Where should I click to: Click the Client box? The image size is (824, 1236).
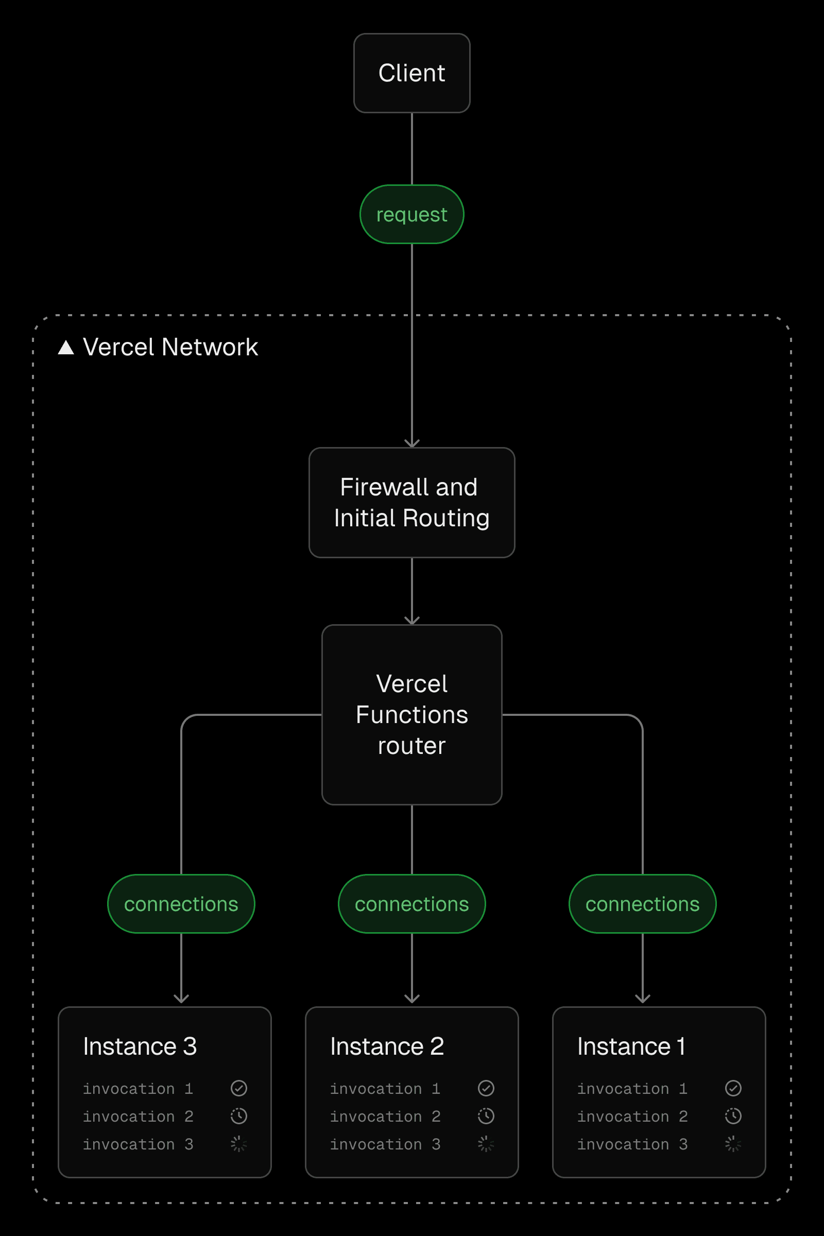pos(411,73)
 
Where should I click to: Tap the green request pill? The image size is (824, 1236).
pos(411,214)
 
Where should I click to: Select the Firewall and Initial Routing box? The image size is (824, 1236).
pos(411,503)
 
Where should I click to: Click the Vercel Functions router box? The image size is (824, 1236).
pos(411,714)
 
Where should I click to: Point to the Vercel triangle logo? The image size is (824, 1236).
pos(66,347)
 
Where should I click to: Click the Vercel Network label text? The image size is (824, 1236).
pos(170,347)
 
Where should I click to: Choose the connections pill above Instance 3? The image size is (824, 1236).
pos(181,904)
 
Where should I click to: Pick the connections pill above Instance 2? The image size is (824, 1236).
pos(411,904)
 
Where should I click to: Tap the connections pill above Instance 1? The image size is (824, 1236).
pos(642,904)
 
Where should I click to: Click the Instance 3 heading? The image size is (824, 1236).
pos(140,1046)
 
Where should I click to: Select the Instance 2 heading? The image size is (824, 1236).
pos(387,1046)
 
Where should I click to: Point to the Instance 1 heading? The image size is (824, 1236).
pos(631,1046)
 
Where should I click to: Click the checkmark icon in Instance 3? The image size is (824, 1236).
pos(238,1088)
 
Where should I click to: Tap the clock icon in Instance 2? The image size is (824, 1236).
pos(486,1116)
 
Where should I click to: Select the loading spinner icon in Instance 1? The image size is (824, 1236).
pos(733,1144)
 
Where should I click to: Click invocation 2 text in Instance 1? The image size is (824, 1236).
pos(632,1116)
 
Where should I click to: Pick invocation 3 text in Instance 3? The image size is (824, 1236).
pos(138,1144)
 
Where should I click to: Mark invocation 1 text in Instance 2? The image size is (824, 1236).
pos(385,1088)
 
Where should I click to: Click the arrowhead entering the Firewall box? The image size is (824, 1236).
pos(411,443)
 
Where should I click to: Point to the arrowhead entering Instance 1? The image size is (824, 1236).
pos(642,999)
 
